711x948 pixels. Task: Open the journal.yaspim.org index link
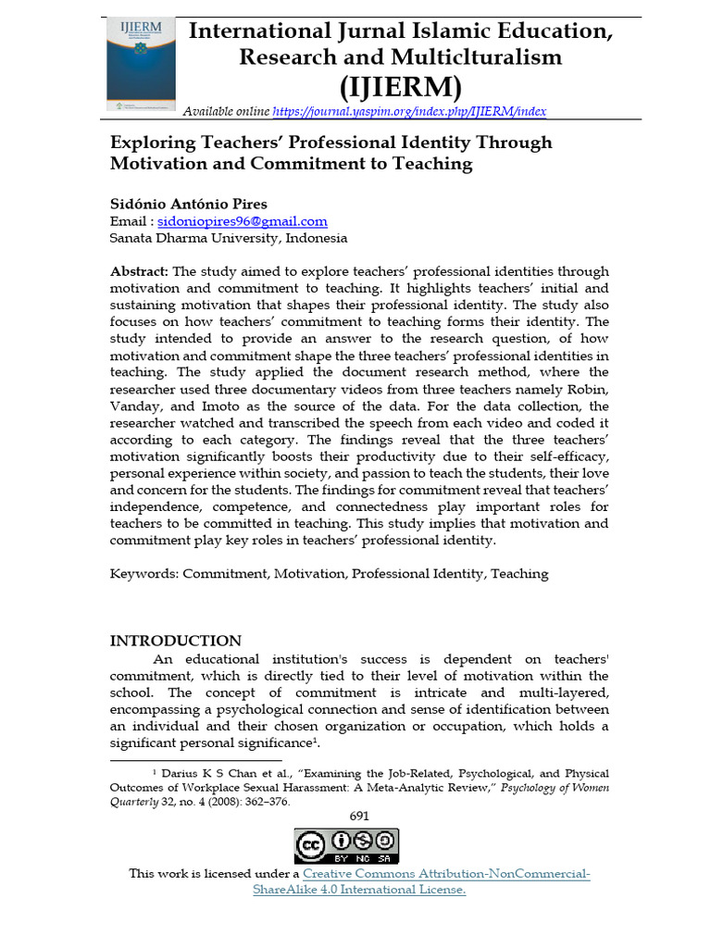[x=409, y=111]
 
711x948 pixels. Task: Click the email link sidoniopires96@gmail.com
[x=243, y=221]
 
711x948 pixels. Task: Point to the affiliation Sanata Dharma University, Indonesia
[x=229, y=238]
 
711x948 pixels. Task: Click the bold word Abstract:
[x=139, y=271]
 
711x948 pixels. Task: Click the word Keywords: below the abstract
[x=143, y=573]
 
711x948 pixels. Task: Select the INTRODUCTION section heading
[x=176, y=641]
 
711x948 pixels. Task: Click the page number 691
[x=359, y=815]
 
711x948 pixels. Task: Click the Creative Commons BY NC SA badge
[x=346, y=846]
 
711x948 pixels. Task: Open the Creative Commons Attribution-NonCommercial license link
[x=446, y=874]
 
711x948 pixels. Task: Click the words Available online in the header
[x=226, y=111]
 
